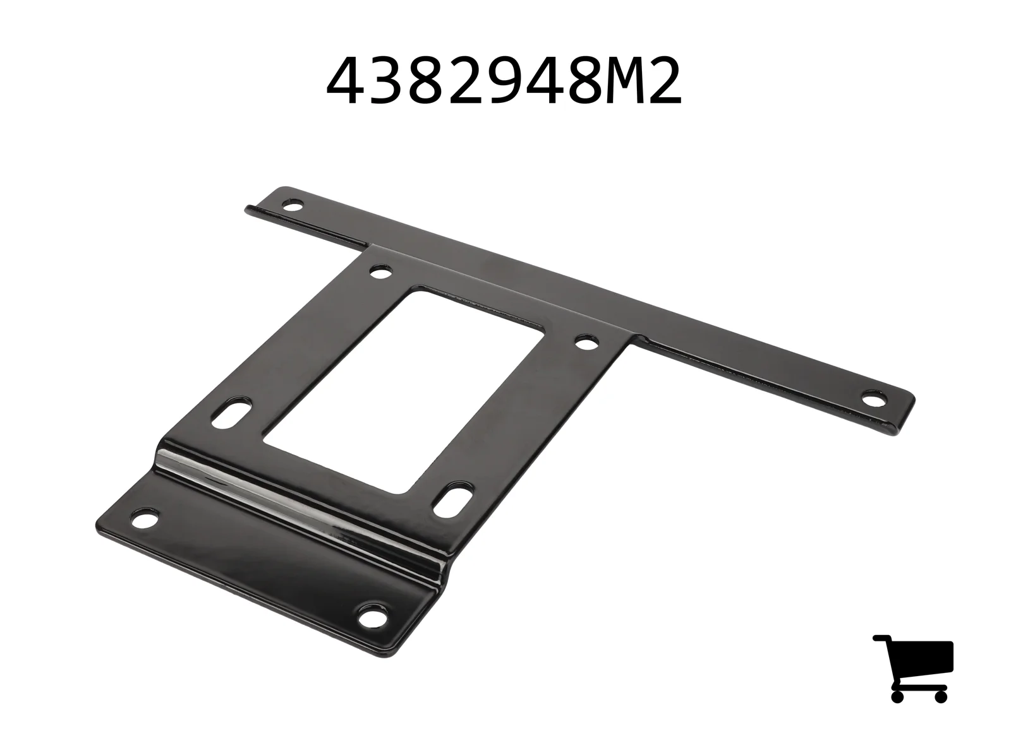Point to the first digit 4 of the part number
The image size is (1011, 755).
click(x=344, y=81)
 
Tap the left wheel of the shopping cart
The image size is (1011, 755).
click(x=897, y=696)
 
